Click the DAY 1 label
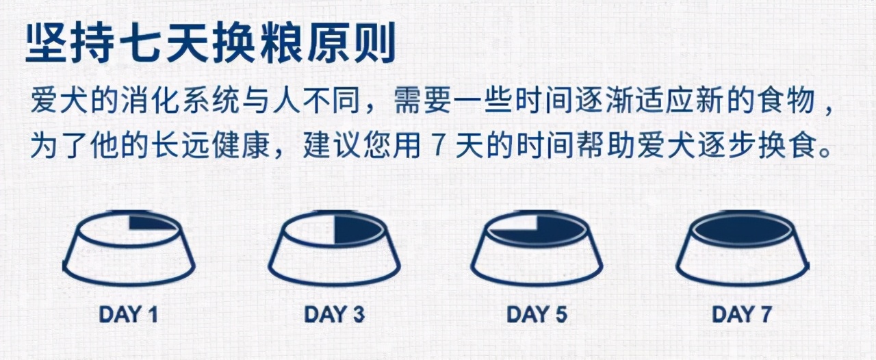tap(129, 314)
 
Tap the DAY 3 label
tap(334, 314)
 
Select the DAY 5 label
tap(537, 314)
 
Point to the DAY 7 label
tap(742, 314)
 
